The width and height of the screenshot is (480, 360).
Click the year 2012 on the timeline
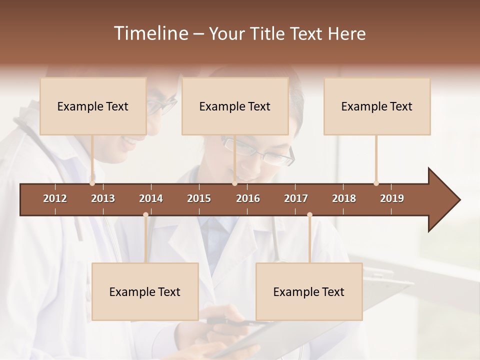[x=55, y=198]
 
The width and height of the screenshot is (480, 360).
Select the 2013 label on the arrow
[x=103, y=198]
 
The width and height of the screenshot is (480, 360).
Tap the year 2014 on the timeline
[x=151, y=198]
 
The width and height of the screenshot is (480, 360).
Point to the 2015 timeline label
[x=199, y=198]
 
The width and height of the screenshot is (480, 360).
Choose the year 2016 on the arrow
[x=248, y=198]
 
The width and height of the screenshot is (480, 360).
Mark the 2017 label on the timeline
[x=296, y=198]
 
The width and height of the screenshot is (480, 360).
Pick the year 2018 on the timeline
[x=344, y=198]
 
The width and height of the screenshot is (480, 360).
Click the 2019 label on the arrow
[x=392, y=198]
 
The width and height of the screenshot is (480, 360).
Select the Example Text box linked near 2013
[x=93, y=106]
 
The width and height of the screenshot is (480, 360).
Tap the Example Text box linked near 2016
[x=235, y=106]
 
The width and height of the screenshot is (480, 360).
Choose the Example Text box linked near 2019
[x=377, y=106]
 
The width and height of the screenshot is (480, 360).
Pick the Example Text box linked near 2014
[x=145, y=292]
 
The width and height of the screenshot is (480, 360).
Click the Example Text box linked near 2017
[x=309, y=292]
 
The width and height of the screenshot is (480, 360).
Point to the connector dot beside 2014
[x=145, y=215]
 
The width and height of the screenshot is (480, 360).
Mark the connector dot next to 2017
[x=309, y=215]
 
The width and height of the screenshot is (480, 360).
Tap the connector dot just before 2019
[x=376, y=183]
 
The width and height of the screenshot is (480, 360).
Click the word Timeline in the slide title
[x=150, y=33]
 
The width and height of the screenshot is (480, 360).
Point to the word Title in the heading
[x=269, y=33]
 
